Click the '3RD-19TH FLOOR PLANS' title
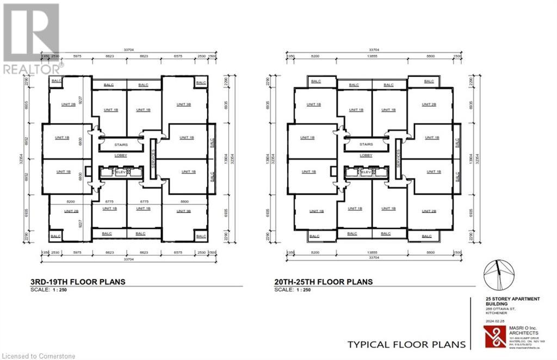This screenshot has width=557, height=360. point(78,282)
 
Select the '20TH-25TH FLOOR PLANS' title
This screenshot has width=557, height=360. point(324,282)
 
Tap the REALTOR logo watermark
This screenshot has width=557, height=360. point(31,38)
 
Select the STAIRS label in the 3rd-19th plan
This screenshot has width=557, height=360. point(121,145)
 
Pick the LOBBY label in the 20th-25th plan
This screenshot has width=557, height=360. point(366,156)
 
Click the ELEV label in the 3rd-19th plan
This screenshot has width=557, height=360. point(121,172)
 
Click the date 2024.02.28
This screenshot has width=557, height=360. point(493,321)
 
